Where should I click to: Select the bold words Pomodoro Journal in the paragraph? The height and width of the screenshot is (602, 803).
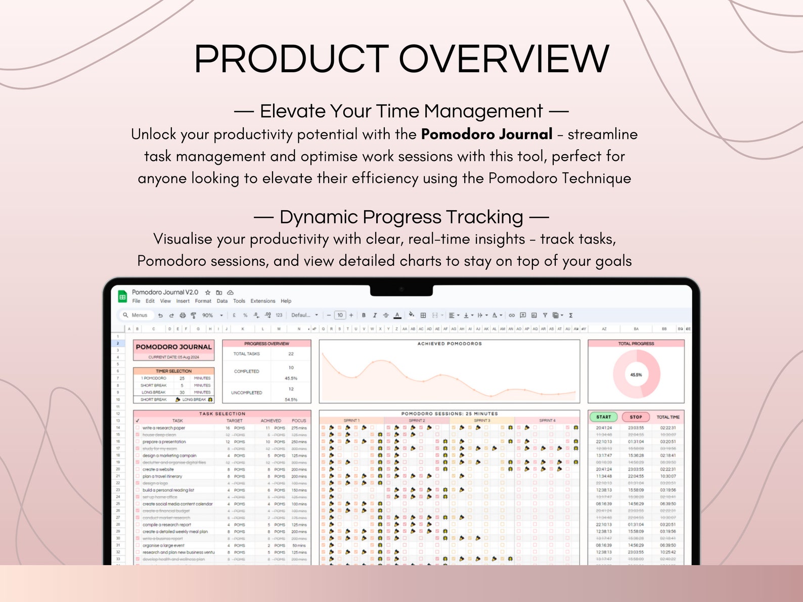(486, 134)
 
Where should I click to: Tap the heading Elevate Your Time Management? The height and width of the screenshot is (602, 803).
(401, 111)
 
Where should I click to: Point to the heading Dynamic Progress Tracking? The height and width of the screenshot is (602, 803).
(401, 217)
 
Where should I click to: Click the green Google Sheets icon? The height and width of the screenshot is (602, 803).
(122, 297)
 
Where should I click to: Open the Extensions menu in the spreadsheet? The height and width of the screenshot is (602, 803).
(263, 301)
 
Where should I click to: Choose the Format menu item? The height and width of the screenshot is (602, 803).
(203, 301)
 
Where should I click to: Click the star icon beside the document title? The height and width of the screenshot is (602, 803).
(208, 293)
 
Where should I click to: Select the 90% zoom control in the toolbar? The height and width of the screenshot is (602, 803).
(208, 315)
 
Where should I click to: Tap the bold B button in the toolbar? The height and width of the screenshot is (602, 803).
(364, 315)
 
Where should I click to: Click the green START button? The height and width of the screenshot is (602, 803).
(603, 417)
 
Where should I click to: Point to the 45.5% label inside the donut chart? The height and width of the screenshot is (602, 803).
(636, 375)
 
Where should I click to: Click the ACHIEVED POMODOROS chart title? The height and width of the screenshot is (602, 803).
(450, 344)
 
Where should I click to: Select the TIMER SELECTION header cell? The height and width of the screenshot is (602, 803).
(173, 371)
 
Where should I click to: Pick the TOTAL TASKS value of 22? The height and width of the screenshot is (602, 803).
(291, 354)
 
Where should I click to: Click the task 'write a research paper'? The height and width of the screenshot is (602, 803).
(164, 428)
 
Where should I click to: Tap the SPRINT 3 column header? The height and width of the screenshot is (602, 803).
(482, 421)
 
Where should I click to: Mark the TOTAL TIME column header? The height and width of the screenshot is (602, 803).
(668, 417)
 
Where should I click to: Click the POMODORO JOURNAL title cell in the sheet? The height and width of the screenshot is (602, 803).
(173, 347)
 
